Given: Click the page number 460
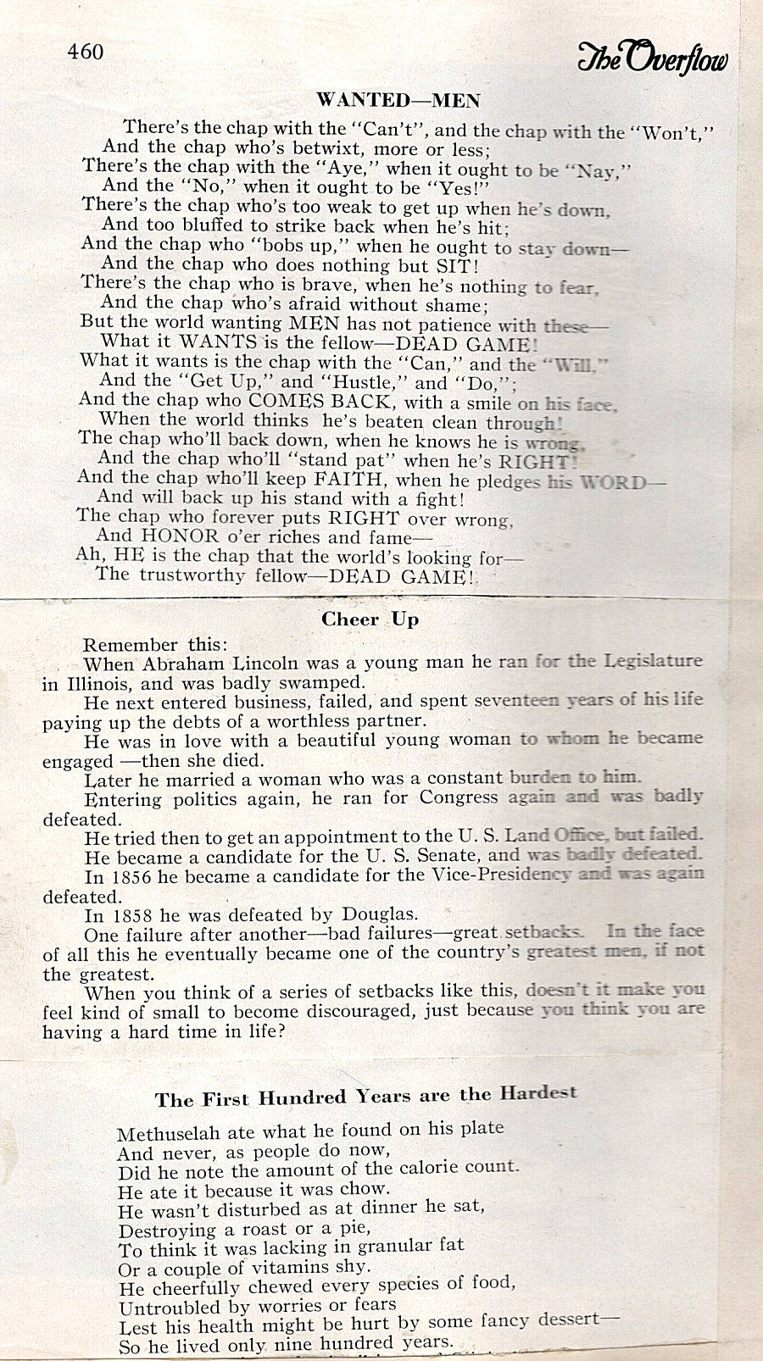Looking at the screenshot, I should tap(86, 53).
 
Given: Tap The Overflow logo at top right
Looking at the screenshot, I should tap(652, 56).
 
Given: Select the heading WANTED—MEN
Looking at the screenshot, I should tap(398, 101).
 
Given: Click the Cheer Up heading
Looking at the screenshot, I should tap(370, 619).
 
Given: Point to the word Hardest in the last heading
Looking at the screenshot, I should tap(538, 1093).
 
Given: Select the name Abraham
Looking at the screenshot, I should tap(181, 664).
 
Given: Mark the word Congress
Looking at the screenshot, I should tap(459, 797).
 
